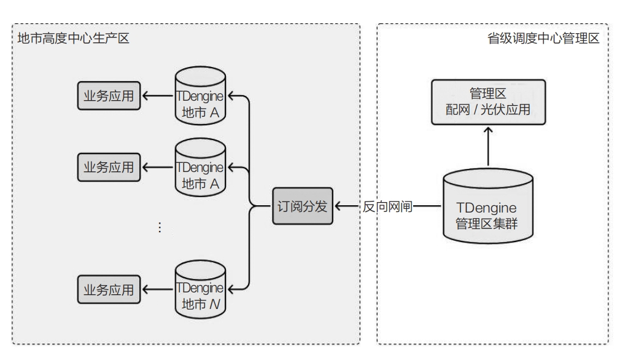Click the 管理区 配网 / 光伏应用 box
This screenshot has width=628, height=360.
coord(487,102)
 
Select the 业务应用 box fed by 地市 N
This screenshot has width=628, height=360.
coord(108,290)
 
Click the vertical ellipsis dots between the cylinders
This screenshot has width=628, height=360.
coord(160,227)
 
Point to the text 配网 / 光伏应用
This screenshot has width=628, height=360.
coord(487,110)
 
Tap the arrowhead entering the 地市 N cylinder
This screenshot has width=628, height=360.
coord(233,288)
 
